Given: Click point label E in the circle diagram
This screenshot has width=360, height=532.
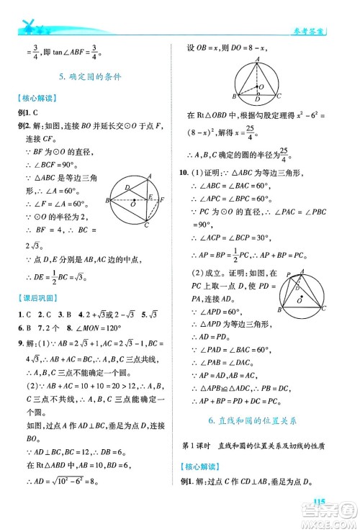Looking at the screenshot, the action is pyautogui.click(x=150, y=195).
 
